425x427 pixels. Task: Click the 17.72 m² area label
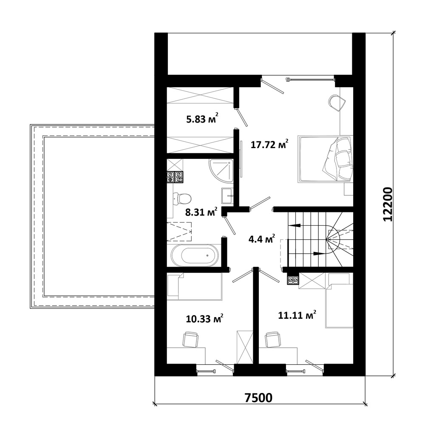269,144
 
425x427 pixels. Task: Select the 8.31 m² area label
201,212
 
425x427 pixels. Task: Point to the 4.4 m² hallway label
261,239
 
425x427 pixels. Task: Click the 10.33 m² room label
205,318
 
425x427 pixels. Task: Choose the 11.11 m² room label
297,315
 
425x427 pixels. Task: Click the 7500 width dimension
258,398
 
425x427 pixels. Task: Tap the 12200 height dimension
387,204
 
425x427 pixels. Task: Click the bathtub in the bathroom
194,255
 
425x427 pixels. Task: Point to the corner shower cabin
221,171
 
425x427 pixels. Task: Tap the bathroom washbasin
227,195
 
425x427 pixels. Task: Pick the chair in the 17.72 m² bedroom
337,103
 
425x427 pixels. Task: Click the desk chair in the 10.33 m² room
190,339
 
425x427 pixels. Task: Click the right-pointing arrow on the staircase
320,254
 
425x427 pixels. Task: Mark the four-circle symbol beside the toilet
175,177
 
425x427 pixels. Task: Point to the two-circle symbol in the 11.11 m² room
293,280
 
